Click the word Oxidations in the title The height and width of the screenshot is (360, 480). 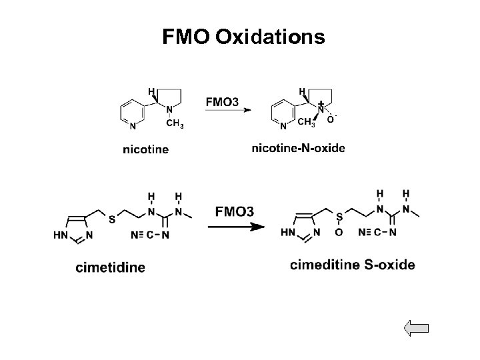coord(270,37)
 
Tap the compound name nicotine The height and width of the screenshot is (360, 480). coord(146,149)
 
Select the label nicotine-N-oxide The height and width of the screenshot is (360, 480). coord(298,148)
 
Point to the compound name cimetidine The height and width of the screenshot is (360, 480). coord(110,267)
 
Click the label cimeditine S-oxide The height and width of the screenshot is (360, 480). coord(353,265)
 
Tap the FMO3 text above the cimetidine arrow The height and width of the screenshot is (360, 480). coord(234,212)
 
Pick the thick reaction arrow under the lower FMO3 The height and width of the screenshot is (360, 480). coord(234,227)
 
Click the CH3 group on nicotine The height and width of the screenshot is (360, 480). coord(175,123)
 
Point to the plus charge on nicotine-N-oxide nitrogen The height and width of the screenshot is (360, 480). coord(321,103)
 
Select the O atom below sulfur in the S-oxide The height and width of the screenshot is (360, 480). coord(339,232)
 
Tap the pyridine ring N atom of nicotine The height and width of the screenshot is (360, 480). coord(133,125)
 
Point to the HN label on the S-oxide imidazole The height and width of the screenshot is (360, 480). coord(288,232)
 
